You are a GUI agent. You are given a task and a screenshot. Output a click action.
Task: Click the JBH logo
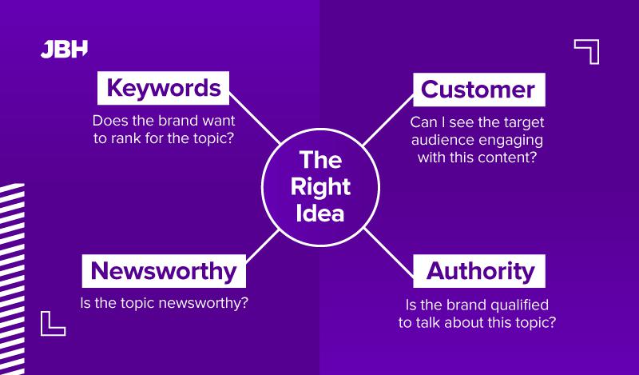coord(64,49)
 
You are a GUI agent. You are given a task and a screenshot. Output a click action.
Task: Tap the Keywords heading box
coord(164,88)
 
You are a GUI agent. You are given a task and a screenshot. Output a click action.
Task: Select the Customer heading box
coord(478,89)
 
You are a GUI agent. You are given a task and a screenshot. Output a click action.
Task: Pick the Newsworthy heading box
coord(164,271)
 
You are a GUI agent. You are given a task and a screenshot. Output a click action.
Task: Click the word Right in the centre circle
coord(319,187)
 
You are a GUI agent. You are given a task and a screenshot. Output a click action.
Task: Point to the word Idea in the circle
coord(319,213)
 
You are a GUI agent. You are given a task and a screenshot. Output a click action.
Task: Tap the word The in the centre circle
coord(319,160)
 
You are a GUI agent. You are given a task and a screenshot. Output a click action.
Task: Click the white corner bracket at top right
coord(588,50)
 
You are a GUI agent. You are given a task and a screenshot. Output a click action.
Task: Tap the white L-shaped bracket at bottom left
coord(52,322)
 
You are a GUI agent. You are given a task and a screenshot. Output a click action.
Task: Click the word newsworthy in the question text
coord(200,304)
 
